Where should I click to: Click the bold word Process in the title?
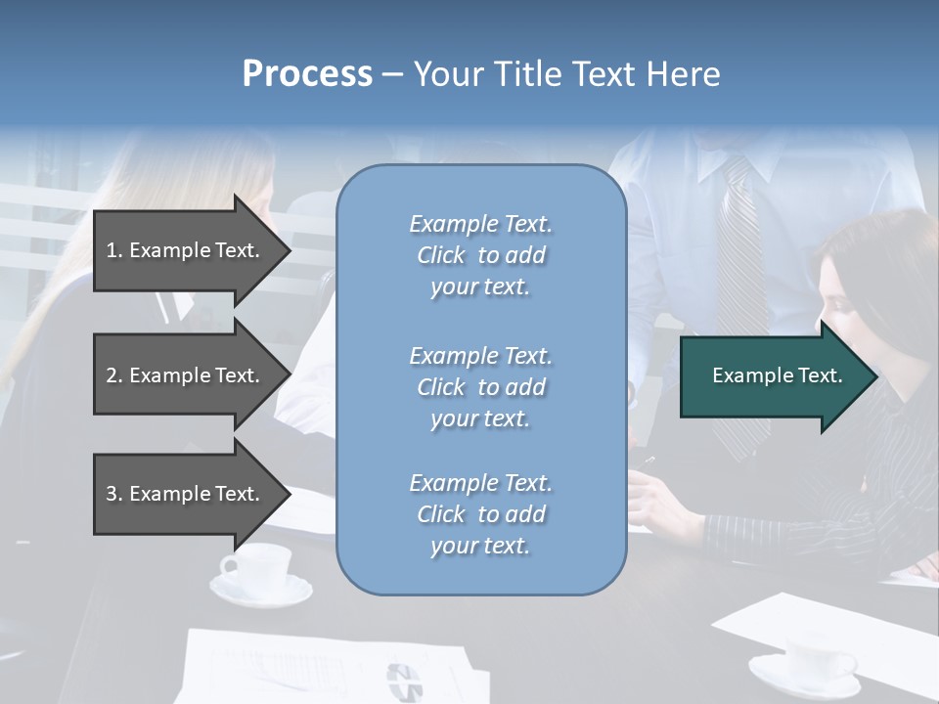coord(307,74)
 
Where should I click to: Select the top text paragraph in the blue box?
coord(480,255)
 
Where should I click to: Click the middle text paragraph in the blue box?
coord(480,386)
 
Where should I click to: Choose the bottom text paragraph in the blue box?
coord(480,514)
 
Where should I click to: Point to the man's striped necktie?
coord(738,274)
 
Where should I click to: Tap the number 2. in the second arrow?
coord(114,375)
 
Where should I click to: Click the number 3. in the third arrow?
coord(114,494)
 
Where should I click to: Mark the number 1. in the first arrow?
coord(114,250)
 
